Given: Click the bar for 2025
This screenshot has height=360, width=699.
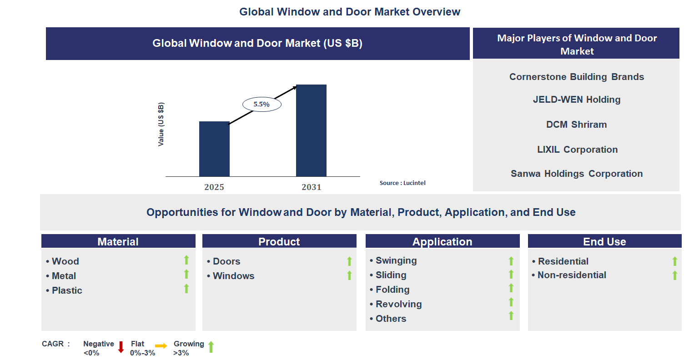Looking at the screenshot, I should coord(214,149).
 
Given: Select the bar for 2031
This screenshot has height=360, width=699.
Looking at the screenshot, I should coord(311,130).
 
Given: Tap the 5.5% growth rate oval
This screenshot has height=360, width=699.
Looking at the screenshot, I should coord(261,105).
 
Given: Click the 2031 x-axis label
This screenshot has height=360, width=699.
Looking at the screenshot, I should coord(311,187).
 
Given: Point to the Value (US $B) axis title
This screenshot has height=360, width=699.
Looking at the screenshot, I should coord(161,124).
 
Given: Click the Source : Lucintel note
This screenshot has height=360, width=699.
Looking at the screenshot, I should coord(402,183).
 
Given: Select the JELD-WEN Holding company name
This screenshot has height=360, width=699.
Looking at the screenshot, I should coord(576,100).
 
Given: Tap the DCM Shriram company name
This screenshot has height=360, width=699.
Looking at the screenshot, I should coord(576,125).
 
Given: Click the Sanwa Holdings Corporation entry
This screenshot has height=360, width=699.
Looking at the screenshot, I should coord(576,174).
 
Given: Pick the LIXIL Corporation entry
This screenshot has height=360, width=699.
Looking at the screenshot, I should coord(577,150).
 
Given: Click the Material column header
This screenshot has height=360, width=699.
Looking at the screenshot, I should coord(118,241).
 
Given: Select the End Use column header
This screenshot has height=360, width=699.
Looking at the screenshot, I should coord(604,241).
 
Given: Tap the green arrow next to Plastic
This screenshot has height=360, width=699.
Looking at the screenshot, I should coord(186,289).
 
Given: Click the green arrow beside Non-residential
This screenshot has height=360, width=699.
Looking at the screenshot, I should coord(675,275).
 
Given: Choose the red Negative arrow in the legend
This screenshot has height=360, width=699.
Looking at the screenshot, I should coord(121,347).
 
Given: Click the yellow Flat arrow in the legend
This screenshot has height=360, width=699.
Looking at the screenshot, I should coord(161,346).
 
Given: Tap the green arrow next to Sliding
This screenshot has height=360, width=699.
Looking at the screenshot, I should coord(511,274).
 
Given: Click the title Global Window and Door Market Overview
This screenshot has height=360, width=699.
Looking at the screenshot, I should coord(350,12).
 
